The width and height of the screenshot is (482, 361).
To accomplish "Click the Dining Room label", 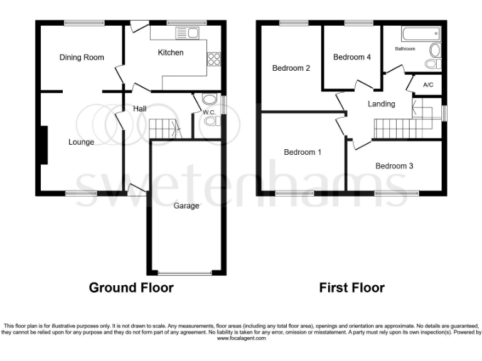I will [x=82, y=58].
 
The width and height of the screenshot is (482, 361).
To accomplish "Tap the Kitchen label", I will [x=170, y=53].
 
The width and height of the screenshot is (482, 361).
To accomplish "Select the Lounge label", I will [x=81, y=142].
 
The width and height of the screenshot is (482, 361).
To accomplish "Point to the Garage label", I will [x=186, y=206].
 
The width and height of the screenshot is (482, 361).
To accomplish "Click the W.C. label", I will [x=209, y=112].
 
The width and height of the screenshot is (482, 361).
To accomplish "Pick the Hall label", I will [x=139, y=109].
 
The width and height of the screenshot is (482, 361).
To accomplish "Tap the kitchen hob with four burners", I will [x=214, y=58].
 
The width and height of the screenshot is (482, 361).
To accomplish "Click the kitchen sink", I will [x=186, y=33].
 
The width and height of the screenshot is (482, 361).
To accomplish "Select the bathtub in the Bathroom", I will [x=420, y=34].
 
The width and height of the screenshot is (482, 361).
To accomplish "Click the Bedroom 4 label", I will [x=352, y=58].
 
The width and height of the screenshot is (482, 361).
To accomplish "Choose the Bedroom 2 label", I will [x=291, y=68].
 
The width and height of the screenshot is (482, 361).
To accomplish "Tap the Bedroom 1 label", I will [x=303, y=152].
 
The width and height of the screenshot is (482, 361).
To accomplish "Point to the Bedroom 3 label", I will [x=394, y=166].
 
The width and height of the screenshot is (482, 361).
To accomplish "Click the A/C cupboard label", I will [x=428, y=85].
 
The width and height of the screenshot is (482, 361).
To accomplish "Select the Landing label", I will [x=381, y=104].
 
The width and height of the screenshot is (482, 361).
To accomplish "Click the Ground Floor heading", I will [x=131, y=288].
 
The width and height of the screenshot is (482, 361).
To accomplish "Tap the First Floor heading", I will [x=352, y=288].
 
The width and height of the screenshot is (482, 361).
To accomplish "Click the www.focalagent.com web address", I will [x=241, y=338].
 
